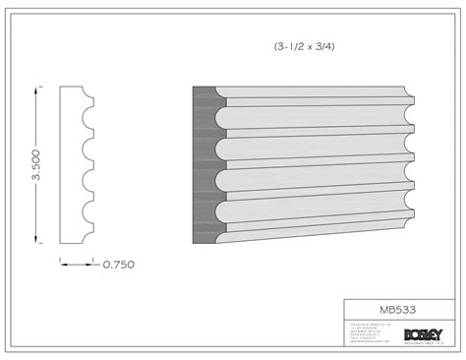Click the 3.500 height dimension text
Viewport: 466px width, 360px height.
click(37, 162)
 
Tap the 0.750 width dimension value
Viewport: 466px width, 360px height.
click(118, 264)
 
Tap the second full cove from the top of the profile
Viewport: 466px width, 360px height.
click(90, 149)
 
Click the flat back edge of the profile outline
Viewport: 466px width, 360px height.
click(62, 163)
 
